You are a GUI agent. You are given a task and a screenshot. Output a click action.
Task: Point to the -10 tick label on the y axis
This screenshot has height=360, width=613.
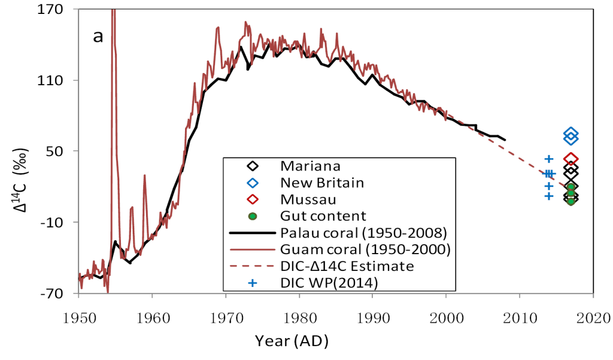coord(57,222)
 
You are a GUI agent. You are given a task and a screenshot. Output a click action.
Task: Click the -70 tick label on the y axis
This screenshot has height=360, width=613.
coord(57,293)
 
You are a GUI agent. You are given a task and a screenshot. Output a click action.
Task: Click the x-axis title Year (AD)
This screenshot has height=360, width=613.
coord(292,340)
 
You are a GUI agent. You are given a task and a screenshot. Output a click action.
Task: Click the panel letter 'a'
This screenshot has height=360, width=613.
coord(98,37)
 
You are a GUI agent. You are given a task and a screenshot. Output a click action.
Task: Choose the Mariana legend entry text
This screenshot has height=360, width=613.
coord(310,166)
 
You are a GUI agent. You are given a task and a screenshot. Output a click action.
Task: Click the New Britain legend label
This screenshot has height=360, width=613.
coord(322,182)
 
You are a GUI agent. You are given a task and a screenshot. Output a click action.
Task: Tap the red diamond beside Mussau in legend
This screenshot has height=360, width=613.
coord(252,199)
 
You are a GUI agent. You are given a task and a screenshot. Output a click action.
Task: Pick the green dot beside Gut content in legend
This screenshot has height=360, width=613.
coord(252,216)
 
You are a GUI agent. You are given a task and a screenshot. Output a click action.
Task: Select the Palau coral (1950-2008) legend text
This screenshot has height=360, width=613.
coord(364,232)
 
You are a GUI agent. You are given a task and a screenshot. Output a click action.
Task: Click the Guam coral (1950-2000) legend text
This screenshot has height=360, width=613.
coord(365,249)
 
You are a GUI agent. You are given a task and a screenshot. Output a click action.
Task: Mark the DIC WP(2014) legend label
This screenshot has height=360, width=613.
coord(329,283)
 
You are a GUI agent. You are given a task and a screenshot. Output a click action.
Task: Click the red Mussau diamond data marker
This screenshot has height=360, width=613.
coord(571,159)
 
